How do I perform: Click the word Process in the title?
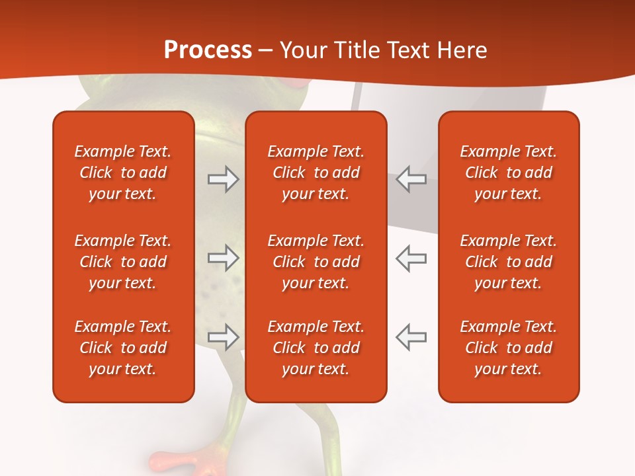click(208, 50)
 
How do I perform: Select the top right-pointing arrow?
click(223, 179)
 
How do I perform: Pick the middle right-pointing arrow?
click(223, 258)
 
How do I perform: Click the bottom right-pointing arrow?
click(223, 337)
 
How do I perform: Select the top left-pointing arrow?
click(411, 179)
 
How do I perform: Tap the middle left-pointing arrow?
click(411, 258)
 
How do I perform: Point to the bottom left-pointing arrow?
click(411, 337)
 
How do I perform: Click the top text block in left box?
click(123, 173)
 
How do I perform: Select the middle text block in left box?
click(123, 262)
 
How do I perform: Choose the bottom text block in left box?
click(123, 348)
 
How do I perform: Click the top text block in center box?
click(316, 173)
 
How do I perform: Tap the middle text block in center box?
click(316, 262)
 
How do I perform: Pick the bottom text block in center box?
click(316, 348)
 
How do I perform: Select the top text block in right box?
click(509, 173)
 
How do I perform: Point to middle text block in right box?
click(509, 262)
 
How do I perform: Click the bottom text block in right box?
click(509, 348)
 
